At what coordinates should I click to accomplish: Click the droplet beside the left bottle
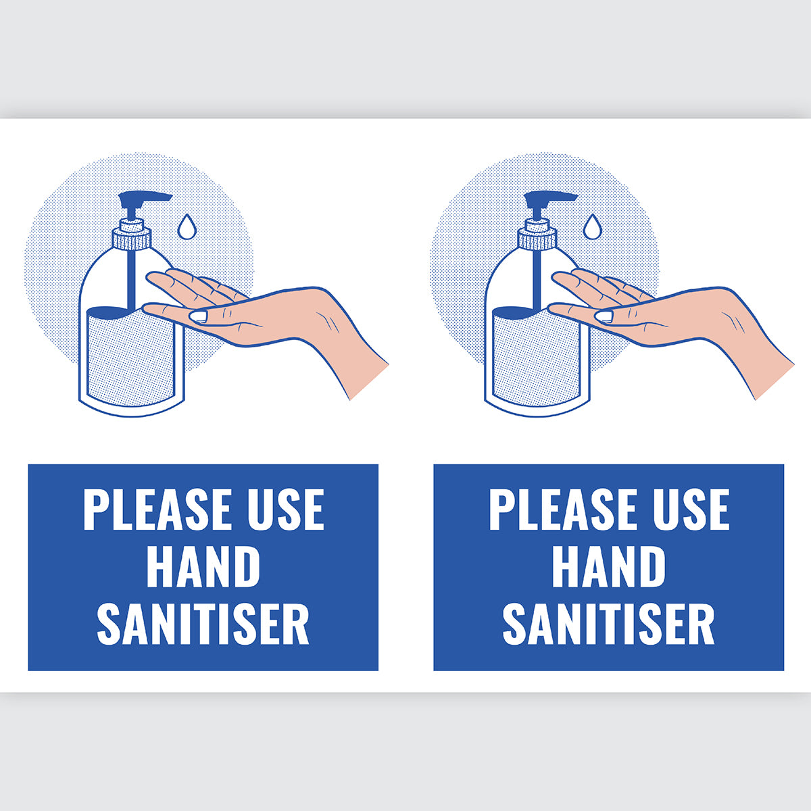187,226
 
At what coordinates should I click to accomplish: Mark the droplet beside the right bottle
592,226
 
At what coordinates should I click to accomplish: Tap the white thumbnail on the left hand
199,316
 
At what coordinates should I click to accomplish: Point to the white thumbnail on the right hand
604,316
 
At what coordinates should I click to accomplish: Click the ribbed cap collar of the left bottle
131,238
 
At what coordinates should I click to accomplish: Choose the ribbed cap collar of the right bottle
537,238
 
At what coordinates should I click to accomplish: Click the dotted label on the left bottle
130,358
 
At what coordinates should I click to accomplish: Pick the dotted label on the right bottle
535,358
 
